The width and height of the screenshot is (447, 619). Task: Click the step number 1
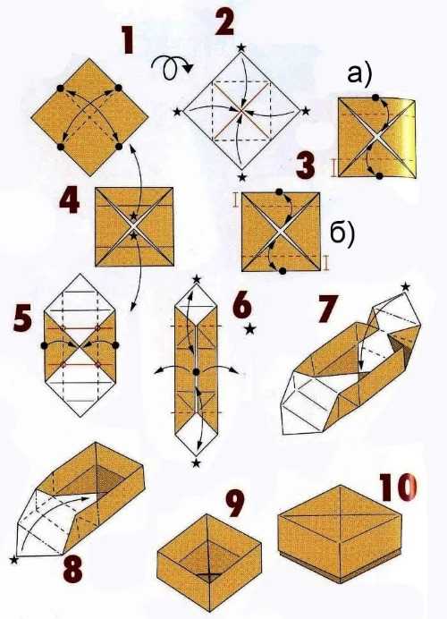[x=127, y=41]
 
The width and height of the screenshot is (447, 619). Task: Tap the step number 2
[x=224, y=21]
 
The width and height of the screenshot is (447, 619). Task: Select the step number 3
[x=306, y=165]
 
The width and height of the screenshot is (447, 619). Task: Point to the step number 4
[x=69, y=200]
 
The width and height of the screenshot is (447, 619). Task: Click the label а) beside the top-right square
[x=359, y=75]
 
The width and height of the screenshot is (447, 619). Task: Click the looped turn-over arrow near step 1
[x=172, y=67]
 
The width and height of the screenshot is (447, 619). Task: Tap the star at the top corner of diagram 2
[x=241, y=47]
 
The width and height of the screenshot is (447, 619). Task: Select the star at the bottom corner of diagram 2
[x=242, y=177]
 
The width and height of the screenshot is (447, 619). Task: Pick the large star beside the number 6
[x=250, y=328]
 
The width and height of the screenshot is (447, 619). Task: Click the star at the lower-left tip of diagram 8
[x=13, y=559]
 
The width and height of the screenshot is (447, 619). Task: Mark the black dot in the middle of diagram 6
[x=196, y=371]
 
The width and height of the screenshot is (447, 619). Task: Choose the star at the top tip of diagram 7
[x=406, y=286]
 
